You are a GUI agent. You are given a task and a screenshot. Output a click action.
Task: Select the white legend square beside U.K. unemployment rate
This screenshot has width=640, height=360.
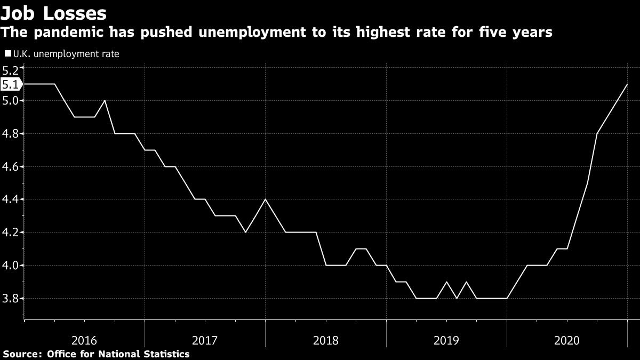[x=7, y=54]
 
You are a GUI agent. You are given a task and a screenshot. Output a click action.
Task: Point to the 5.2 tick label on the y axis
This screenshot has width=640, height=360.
[x=11, y=69]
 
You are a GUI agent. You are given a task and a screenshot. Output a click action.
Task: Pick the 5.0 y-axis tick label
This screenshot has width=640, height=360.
[x=11, y=101]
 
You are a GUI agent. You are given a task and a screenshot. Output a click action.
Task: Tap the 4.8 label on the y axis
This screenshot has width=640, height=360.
[x=11, y=133]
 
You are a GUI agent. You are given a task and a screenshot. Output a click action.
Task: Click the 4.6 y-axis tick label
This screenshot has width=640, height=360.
[x=11, y=166]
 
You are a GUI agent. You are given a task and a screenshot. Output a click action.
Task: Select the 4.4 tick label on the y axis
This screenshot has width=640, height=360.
[x=11, y=199]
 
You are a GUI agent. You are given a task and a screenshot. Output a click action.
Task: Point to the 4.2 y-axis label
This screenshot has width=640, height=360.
[x=11, y=233]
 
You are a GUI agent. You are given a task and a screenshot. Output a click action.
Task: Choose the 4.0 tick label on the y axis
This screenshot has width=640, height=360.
[x=11, y=265]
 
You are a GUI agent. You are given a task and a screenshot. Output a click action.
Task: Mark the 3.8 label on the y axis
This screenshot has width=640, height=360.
[x=11, y=298]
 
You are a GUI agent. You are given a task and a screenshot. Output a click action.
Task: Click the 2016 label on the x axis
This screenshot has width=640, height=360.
[x=84, y=340]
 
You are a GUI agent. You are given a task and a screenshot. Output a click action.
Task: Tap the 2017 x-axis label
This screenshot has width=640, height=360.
[x=205, y=340]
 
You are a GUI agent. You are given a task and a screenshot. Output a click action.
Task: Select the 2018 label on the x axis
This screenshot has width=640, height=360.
[x=326, y=340]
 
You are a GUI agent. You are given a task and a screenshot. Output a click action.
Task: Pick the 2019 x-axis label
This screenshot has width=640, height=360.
[x=446, y=340]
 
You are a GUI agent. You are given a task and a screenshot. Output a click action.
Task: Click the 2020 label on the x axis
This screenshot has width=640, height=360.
[x=567, y=340]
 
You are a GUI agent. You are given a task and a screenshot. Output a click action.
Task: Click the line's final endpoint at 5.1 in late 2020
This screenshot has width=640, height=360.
[x=627, y=84]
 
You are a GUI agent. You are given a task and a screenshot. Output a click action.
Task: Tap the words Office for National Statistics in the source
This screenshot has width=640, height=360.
[x=118, y=354]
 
